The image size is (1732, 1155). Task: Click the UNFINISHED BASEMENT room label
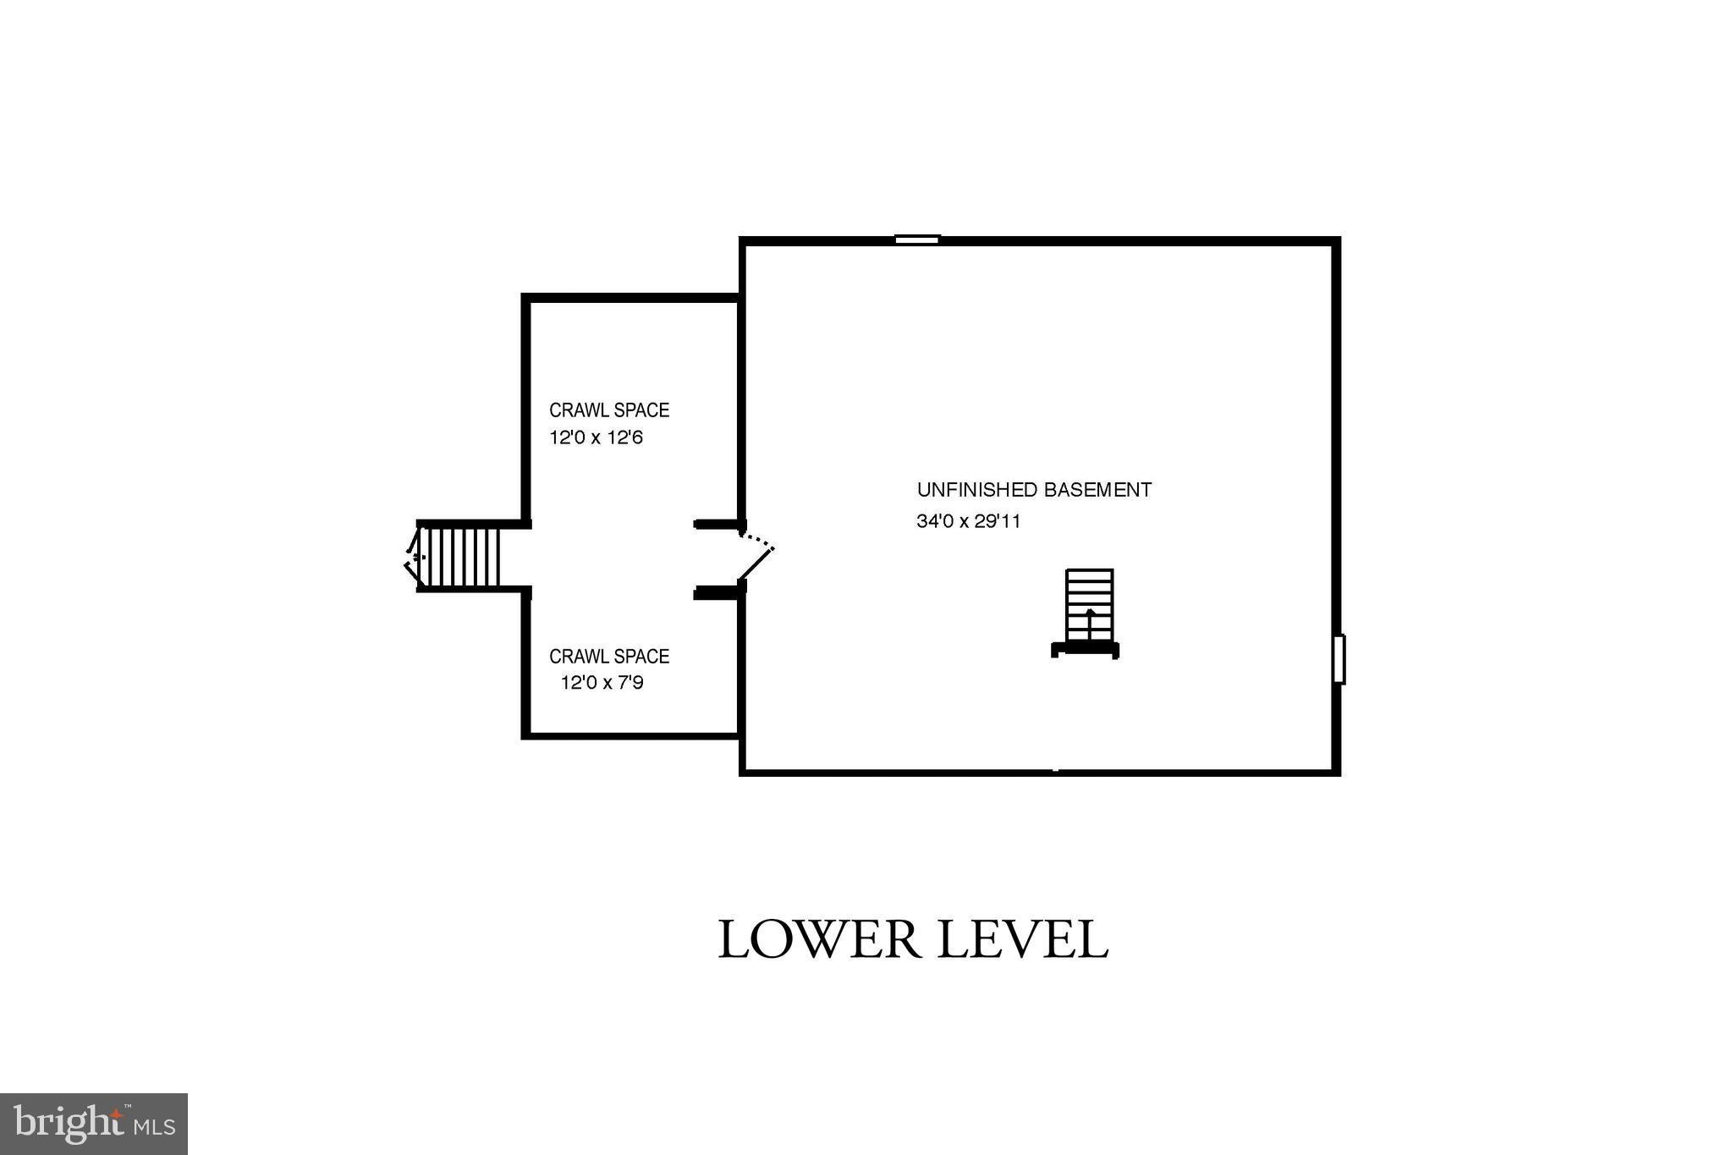pyautogui.click(x=1033, y=490)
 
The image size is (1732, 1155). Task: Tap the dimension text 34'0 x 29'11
pyautogui.click(x=968, y=521)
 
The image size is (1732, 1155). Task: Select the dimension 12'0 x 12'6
pyautogui.click(x=596, y=438)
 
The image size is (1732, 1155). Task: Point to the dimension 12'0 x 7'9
pyautogui.click(x=602, y=683)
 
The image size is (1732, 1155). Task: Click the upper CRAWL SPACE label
pyautogui.click(x=609, y=410)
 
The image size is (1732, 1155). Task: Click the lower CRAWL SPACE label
pyautogui.click(x=609, y=657)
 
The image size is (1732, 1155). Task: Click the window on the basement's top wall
pyautogui.click(x=917, y=239)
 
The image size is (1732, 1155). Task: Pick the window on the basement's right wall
pyautogui.click(x=1339, y=659)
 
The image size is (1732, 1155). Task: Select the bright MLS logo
pyautogui.click(x=94, y=1124)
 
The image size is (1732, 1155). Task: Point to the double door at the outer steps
pyautogui.click(x=413, y=556)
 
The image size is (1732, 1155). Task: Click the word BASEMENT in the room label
pyautogui.click(x=1097, y=490)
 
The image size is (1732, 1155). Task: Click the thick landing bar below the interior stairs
pyautogui.click(x=1085, y=649)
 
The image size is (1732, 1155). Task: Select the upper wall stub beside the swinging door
pyautogui.click(x=718, y=525)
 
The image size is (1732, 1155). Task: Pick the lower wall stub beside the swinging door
pyautogui.click(x=718, y=593)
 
